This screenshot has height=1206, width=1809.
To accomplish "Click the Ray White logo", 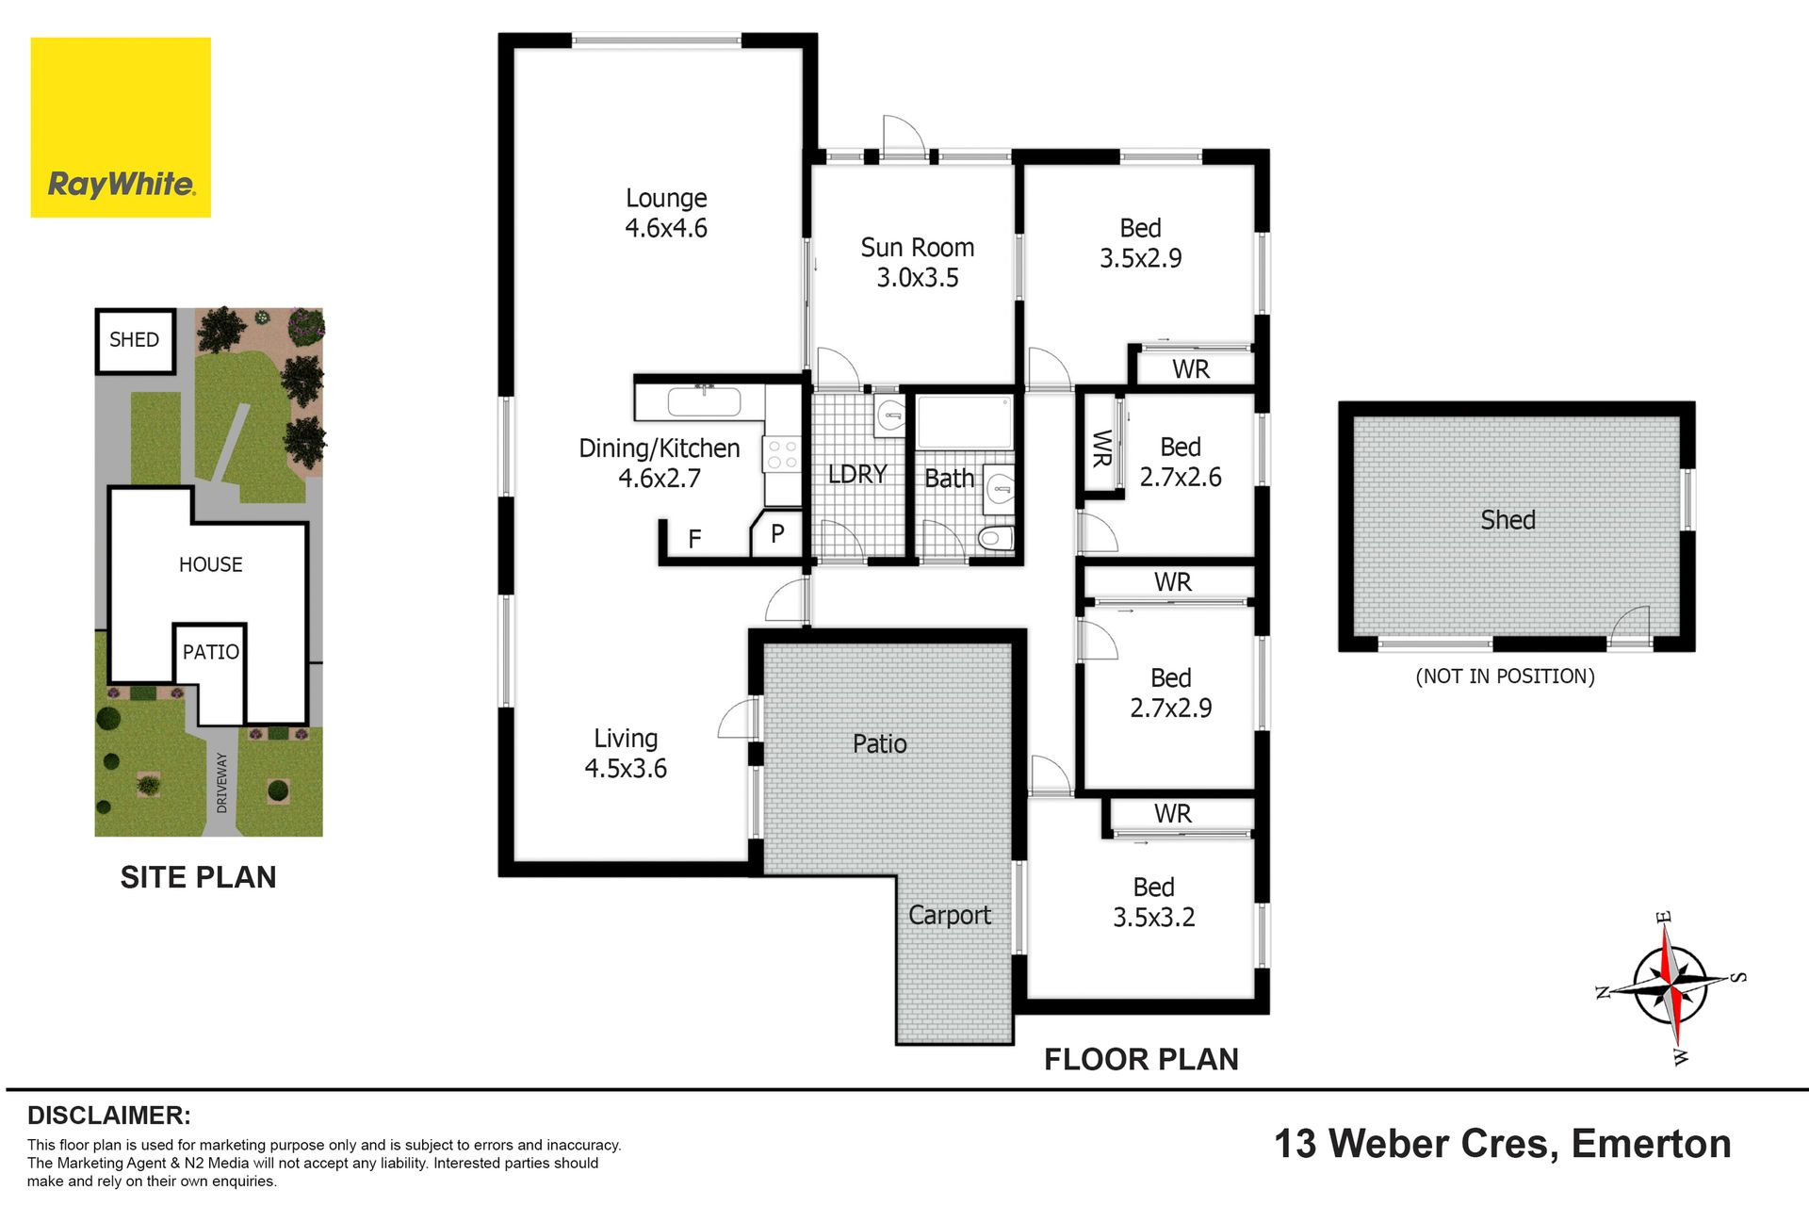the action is point(121,127).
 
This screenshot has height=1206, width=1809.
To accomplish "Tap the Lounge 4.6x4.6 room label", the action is point(666,213).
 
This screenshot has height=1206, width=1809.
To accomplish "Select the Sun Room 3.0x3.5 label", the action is point(918,263).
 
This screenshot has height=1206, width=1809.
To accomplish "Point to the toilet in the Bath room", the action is point(995,539).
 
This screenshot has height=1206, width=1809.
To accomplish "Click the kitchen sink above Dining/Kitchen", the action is point(704,402).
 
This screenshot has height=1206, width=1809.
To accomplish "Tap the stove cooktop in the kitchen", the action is point(782,455).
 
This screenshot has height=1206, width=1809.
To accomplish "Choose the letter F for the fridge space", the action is point(694,539).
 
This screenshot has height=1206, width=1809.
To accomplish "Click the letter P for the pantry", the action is point(777,534).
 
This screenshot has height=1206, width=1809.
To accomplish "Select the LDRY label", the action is point(857,474).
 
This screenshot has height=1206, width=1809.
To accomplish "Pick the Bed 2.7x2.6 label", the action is point(1181,462).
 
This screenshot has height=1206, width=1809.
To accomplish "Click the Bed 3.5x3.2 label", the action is point(1154,902).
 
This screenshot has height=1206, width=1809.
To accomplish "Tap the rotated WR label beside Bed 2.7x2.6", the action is point(1101,448).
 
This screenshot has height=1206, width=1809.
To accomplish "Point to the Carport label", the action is point(950,916).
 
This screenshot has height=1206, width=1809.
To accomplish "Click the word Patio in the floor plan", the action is point(880,744).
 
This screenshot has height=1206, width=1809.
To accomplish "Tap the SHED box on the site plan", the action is point(135,340).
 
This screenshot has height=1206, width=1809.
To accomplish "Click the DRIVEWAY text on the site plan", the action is point(222,782).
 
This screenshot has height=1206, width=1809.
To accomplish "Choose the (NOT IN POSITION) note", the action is point(1506,676).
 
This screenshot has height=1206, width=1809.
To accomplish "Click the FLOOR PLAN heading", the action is point(1141,1059).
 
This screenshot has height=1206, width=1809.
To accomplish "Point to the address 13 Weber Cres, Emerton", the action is point(1503,1144).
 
